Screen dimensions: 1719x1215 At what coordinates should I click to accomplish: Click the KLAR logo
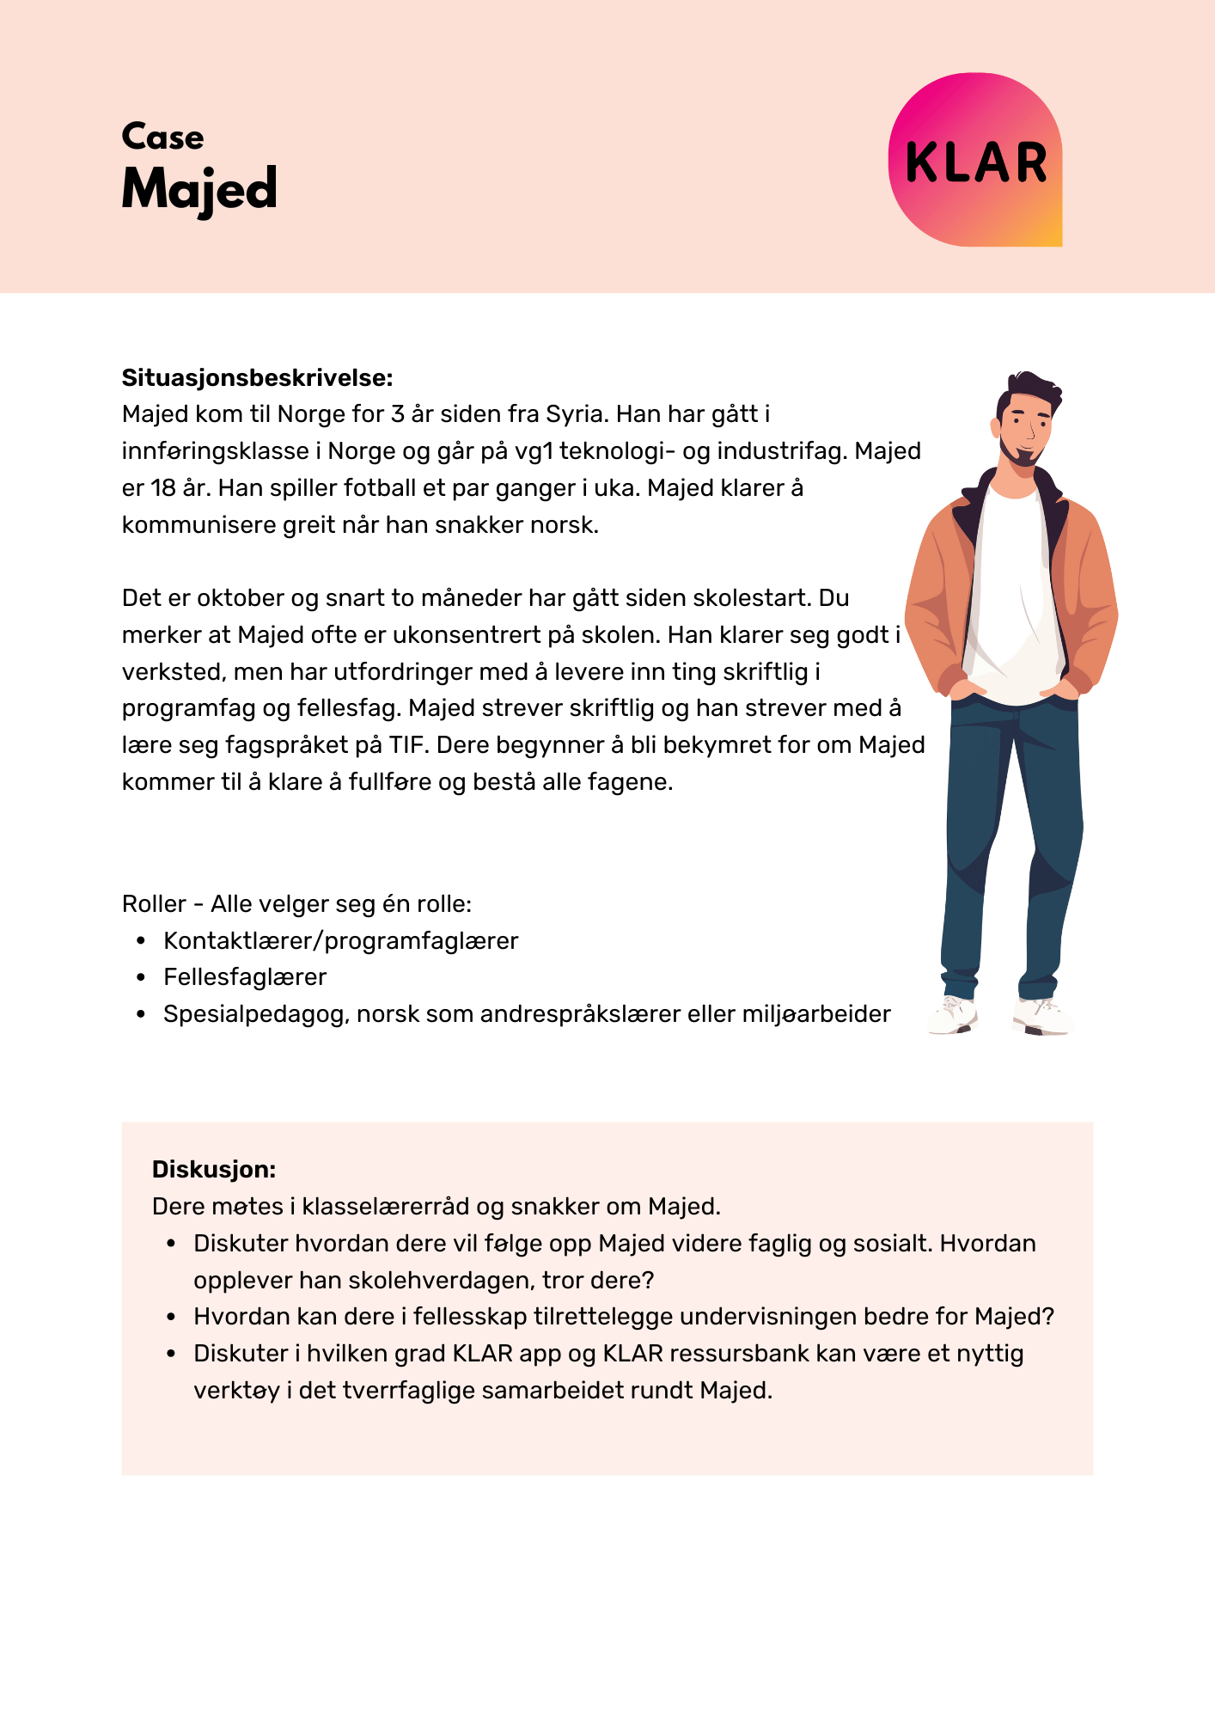click(x=975, y=161)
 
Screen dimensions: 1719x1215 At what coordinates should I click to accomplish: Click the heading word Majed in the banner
click(x=199, y=189)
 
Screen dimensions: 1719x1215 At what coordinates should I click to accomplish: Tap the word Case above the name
click(x=162, y=137)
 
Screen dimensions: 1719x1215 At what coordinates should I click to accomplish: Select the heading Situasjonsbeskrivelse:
click(x=257, y=377)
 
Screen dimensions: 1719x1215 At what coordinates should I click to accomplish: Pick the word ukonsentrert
click(x=443, y=635)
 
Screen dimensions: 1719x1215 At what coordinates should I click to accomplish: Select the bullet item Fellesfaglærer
click(x=245, y=977)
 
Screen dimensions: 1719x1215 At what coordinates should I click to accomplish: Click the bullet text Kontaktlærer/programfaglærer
click(x=340, y=941)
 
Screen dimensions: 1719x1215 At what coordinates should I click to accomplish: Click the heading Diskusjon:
click(x=214, y=1169)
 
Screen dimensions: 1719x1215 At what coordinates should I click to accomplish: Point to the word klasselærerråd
click(x=386, y=1207)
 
